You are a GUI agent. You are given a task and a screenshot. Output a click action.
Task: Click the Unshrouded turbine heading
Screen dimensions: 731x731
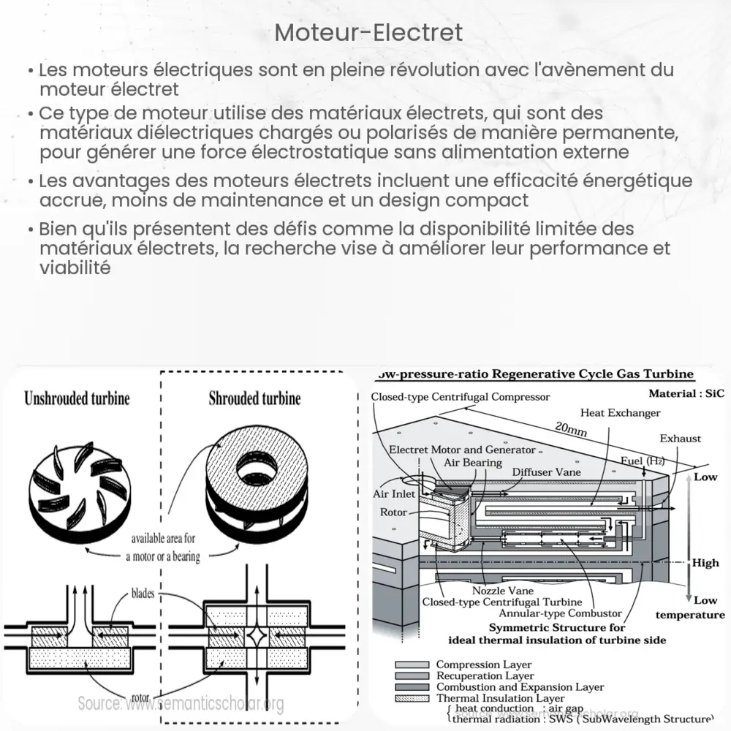click(77, 398)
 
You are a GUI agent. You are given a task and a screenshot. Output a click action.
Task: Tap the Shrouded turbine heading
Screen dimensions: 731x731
click(254, 398)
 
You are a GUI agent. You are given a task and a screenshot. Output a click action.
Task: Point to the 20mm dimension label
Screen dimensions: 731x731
click(572, 431)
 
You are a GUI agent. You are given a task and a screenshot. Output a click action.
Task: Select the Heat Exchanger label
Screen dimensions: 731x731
click(621, 413)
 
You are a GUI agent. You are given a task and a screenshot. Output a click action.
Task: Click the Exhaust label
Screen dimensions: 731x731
click(680, 439)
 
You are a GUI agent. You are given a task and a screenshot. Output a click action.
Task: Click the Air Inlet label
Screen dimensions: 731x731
click(395, 494)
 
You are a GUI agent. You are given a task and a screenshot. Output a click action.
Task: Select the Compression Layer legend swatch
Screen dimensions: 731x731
click(410, 664)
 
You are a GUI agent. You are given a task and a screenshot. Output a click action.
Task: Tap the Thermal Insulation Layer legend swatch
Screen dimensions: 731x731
click(410, 698)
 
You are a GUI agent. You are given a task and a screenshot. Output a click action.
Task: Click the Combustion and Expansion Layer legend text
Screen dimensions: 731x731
click(520, 687)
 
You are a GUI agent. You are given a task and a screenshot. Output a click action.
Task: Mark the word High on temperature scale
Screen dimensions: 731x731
click(705, 563)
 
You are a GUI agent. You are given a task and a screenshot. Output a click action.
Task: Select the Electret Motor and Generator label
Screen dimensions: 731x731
click(462, 450)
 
